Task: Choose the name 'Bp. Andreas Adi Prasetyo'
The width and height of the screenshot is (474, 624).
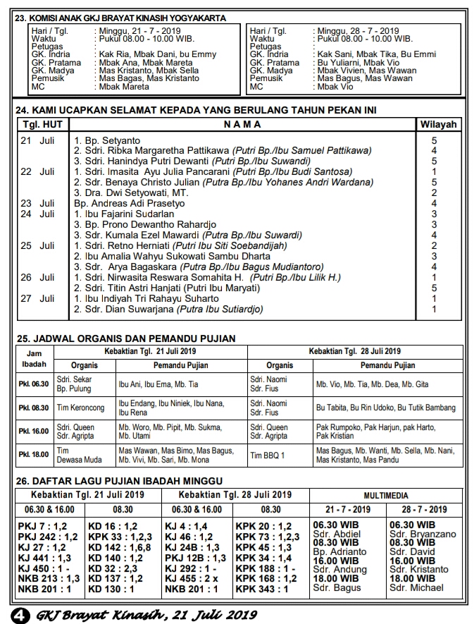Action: click(130, 203)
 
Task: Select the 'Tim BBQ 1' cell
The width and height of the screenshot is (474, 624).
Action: click(268, 455)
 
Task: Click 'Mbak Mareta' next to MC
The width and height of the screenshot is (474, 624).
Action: click(124, 87)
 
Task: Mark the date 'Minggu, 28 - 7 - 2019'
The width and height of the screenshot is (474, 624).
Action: click(358, 31)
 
